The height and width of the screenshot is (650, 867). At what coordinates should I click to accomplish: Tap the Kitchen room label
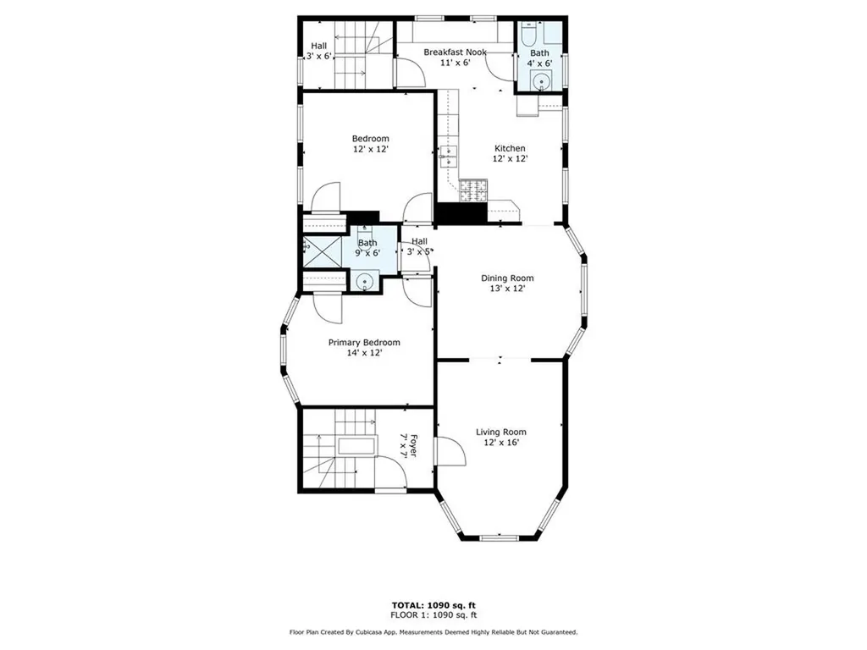click(510, 148)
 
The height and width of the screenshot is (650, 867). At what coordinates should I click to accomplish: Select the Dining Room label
click(507, 278)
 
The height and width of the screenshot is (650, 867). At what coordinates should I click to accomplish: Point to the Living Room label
click(501, 432)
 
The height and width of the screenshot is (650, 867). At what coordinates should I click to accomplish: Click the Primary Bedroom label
click(364, 343)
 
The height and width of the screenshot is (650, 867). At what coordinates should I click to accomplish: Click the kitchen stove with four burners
click(473, 191)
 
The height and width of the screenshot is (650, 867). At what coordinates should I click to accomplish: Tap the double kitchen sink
click(447, 156)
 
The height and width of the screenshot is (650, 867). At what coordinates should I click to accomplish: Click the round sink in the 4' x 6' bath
click(539, 81)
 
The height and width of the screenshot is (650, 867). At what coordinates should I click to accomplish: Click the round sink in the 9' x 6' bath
click(365, 281)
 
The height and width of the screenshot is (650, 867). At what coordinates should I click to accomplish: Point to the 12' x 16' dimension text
click(501, 442)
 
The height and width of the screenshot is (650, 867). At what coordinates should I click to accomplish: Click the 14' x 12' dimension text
click(364, 353)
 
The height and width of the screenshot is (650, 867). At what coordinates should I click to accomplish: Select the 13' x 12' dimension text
click(507, 288)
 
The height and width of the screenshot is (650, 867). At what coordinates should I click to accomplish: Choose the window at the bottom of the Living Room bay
click(500, 537)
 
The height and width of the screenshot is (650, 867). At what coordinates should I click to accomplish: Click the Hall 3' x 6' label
click(318, 51)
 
